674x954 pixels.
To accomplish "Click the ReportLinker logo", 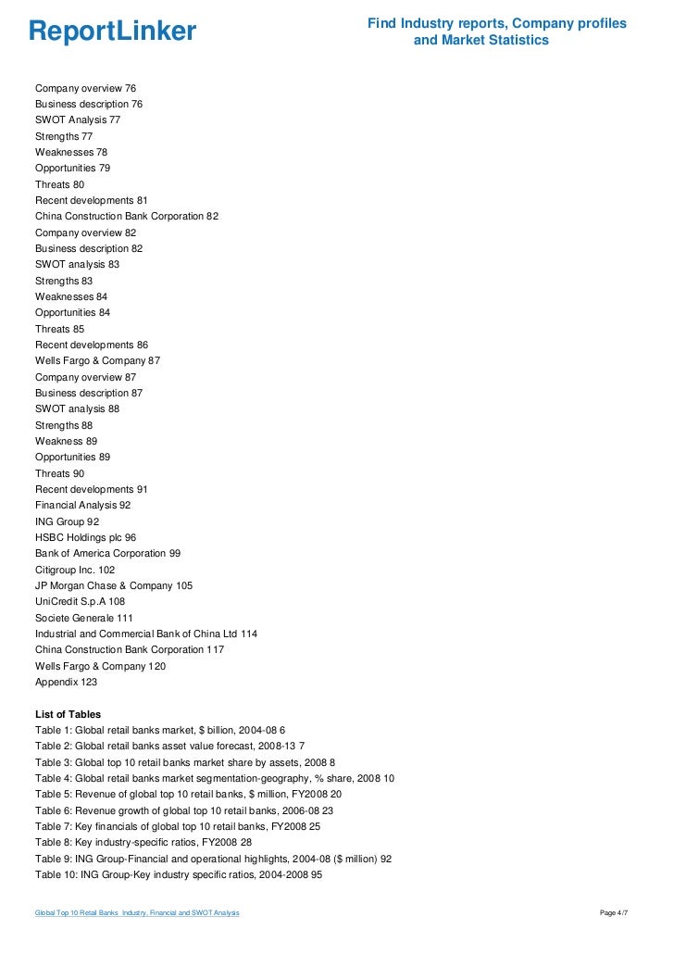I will point(112,31).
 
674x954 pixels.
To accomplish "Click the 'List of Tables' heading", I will point(68,714).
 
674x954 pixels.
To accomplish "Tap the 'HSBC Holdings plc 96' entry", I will point(85,537).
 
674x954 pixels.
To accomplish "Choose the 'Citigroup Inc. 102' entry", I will point(75,570).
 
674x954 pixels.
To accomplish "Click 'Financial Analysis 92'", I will point(82,505).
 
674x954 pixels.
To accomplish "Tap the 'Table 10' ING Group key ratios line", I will point(178,874).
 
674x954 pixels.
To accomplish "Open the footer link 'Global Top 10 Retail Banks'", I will point(137,914).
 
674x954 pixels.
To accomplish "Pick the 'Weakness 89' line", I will point(66,441).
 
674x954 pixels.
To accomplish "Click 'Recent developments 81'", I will point(91,200).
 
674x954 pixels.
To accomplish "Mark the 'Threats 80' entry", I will point(59,184).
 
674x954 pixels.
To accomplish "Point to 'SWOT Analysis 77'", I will point(78,119).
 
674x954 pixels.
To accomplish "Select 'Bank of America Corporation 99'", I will point(107,553).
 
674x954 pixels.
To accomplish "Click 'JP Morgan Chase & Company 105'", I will point(114,585).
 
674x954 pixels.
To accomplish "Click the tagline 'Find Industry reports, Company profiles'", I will point(496,22).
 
